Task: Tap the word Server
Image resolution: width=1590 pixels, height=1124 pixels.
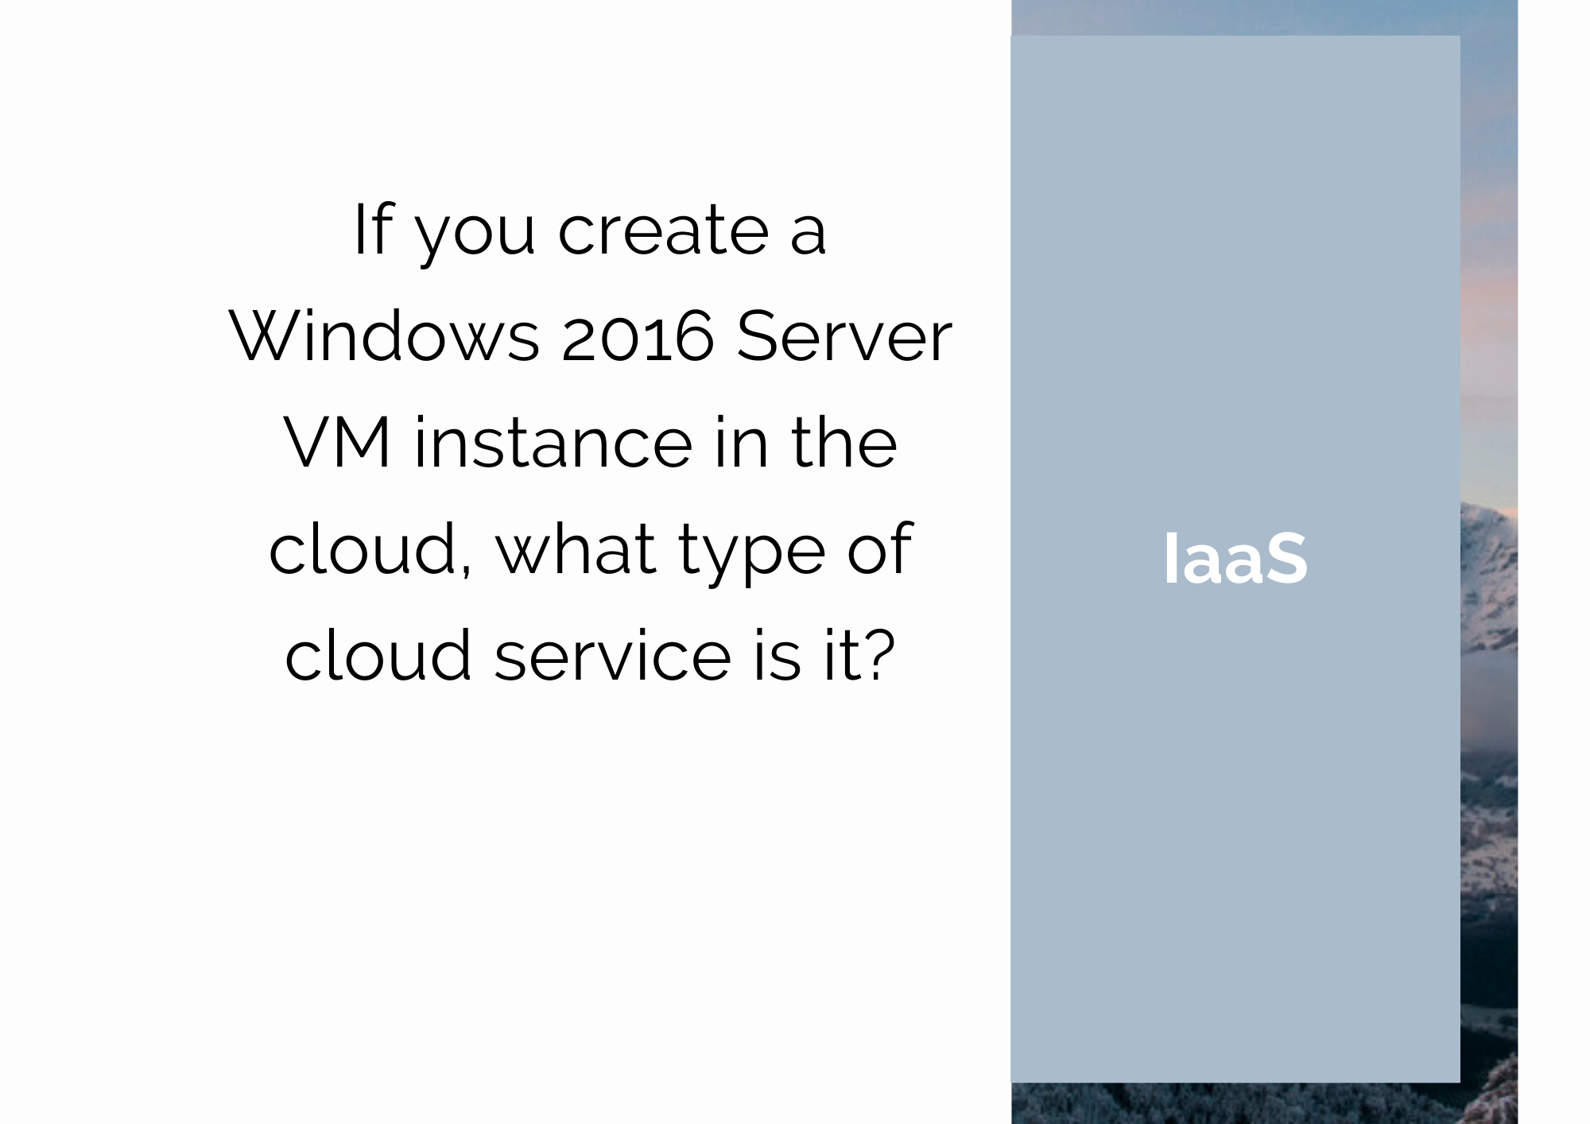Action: coord(843,336)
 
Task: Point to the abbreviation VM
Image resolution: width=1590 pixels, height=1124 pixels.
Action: coord(337,442)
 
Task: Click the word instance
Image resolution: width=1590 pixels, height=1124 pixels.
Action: coord(553,442)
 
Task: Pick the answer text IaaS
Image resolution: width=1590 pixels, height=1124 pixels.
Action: coord(1235,559)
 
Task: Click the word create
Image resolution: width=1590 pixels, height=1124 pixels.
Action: coord(663,231)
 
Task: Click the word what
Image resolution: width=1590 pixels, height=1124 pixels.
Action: coord(576,548)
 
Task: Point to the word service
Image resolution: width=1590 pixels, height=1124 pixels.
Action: coord(613,655)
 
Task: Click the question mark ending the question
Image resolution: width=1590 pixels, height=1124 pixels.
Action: coord(881,655)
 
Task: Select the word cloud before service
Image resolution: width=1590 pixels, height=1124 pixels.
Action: coord(378,654)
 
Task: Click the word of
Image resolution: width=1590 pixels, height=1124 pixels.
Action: coord(879,548)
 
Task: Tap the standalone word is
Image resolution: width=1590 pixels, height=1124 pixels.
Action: coord(776,654)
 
